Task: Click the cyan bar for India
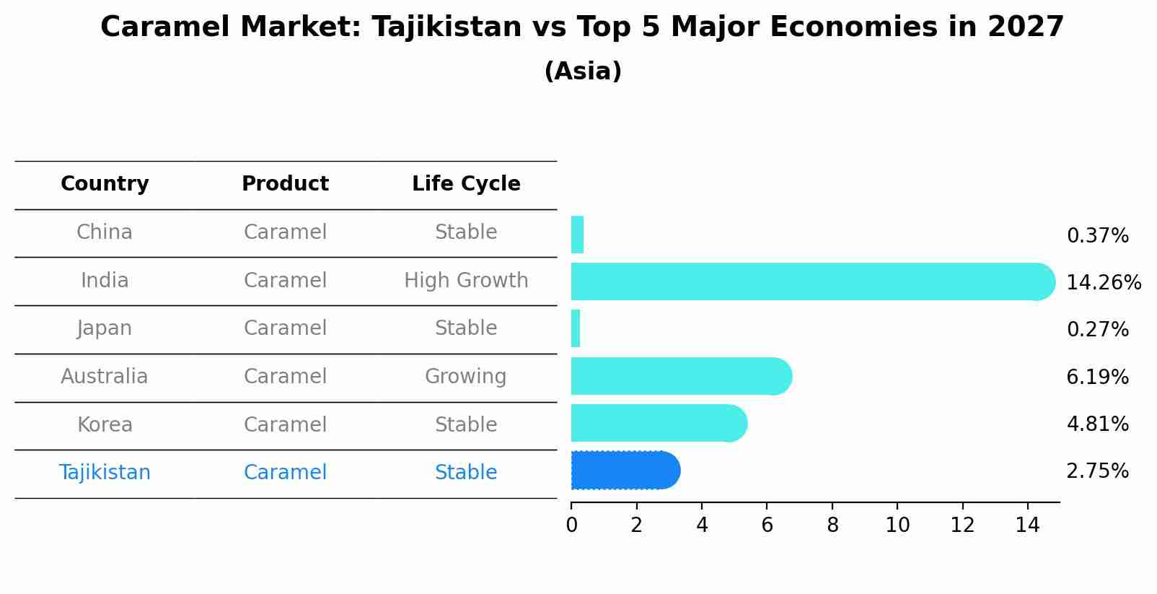(x=808, y=281)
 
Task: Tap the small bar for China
(x=577, y=235)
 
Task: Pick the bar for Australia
(x=678, y=376)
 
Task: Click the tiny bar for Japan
(x=576, y=328)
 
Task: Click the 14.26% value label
(x=1103, y=282)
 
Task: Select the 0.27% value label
(x=1097, y=330)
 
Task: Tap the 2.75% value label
(x=1097, y=471)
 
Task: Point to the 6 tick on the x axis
(x=767, y=525)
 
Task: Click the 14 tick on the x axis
(x=1027, y=525)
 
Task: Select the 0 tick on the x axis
(x=571, y=525)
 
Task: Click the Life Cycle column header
(x=466, y=184)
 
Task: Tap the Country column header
(x=105, y=184)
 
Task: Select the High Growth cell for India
(x=466, y=280)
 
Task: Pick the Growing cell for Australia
(x=466, y=376)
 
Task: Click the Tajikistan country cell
(x=105, y=472)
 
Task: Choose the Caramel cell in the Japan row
(x=285, y=328)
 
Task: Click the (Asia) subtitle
(x=583, y=71)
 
